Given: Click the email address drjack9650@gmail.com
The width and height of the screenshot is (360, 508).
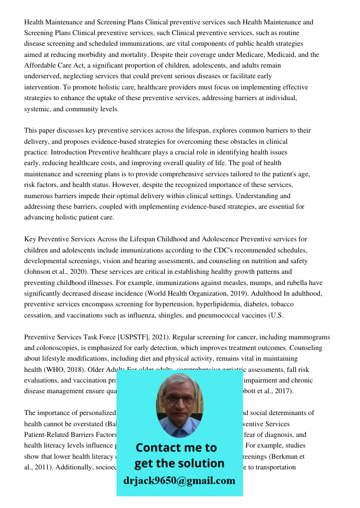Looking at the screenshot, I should point(179,481).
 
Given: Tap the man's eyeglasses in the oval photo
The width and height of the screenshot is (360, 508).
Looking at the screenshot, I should point(179,400).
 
